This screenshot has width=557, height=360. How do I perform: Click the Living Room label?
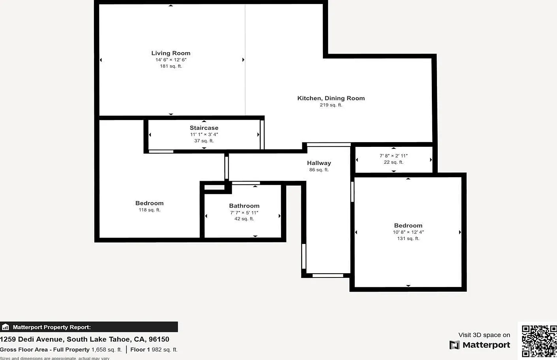pos(171,53)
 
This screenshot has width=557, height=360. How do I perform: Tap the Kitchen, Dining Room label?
pos(331,98)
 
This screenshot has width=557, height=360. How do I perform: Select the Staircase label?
pos(204,128)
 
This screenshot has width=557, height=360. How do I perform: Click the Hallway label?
pos(319,163)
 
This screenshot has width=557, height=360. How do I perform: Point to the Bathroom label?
pos(244,206)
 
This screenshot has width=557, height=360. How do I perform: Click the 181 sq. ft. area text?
pos(171,66)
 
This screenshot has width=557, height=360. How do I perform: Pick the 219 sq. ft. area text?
pos(331,105)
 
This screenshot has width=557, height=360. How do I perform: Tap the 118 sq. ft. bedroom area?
pos(150,210)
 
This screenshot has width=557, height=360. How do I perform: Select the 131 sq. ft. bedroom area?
pos(408,238)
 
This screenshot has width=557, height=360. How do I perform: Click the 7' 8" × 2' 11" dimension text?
pos(394,156)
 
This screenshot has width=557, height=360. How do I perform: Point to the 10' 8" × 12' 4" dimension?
pos(408,232)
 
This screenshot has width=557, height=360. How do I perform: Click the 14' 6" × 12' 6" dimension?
pos(171,60)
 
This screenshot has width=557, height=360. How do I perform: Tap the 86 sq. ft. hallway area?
pos(319,170)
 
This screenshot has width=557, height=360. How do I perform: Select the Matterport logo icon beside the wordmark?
pos(454,345)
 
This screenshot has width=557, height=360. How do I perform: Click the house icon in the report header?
pos(5,327)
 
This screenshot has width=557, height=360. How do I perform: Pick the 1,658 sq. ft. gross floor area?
pos(107,350)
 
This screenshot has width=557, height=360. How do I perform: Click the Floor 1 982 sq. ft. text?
pos(154,350)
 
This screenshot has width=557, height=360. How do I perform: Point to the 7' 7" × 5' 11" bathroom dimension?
pos(244,213)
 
